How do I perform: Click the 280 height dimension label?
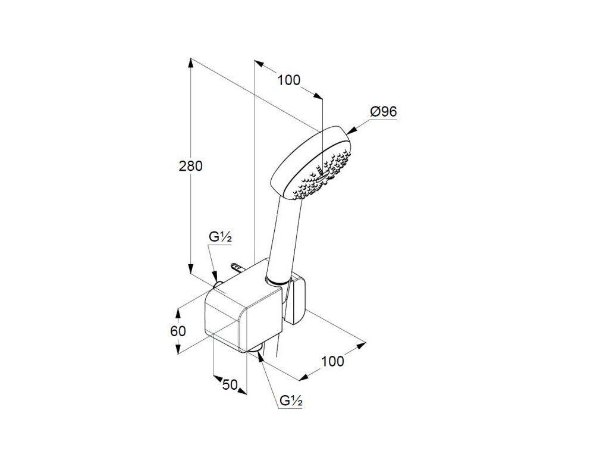click(x=191, y=166)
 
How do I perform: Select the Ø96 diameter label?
click(x=384, y=112)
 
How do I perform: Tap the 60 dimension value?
click(x=178, y=331)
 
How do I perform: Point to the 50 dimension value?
click(x=230, y=385)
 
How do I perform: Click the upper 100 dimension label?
click(x=288, y=80)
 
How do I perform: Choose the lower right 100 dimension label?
click(x=332, y=361)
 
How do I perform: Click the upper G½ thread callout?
click(x=220, y=237)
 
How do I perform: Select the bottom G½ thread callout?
click(x=291, y=400)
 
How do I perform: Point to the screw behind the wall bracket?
click(x=237, y=267)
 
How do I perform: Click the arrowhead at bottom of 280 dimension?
click(x=190, y=269)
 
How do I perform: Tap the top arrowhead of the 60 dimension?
click(x=178, y=313)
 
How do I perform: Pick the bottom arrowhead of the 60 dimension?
click(x=178, y=349)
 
